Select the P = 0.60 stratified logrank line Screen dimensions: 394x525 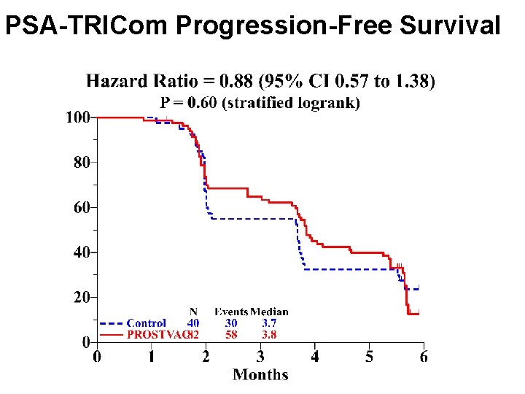click(260, 103)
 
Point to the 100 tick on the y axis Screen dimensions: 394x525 click(78, 117)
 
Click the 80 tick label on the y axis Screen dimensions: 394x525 click(81, 163)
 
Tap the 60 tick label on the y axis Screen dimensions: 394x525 click(81, 208)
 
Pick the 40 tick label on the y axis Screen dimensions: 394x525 click(81, 252)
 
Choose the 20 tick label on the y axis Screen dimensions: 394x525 click(81, 298)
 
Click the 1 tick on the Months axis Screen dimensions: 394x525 click(151, 357)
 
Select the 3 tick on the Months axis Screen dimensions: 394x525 click(260, 357)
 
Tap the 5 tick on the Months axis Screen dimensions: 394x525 click(370, 357)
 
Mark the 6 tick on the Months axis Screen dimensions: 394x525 click(424, 357)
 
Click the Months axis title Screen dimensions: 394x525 click(260, 375)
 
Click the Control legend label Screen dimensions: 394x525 click(146, 323)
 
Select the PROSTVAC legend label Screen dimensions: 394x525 click(155, 335)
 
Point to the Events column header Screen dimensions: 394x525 click(231, 312)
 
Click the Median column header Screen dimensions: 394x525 click(269, 312)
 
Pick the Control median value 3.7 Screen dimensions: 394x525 click(269, 323)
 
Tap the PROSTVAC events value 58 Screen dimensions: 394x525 click(230, 335)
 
